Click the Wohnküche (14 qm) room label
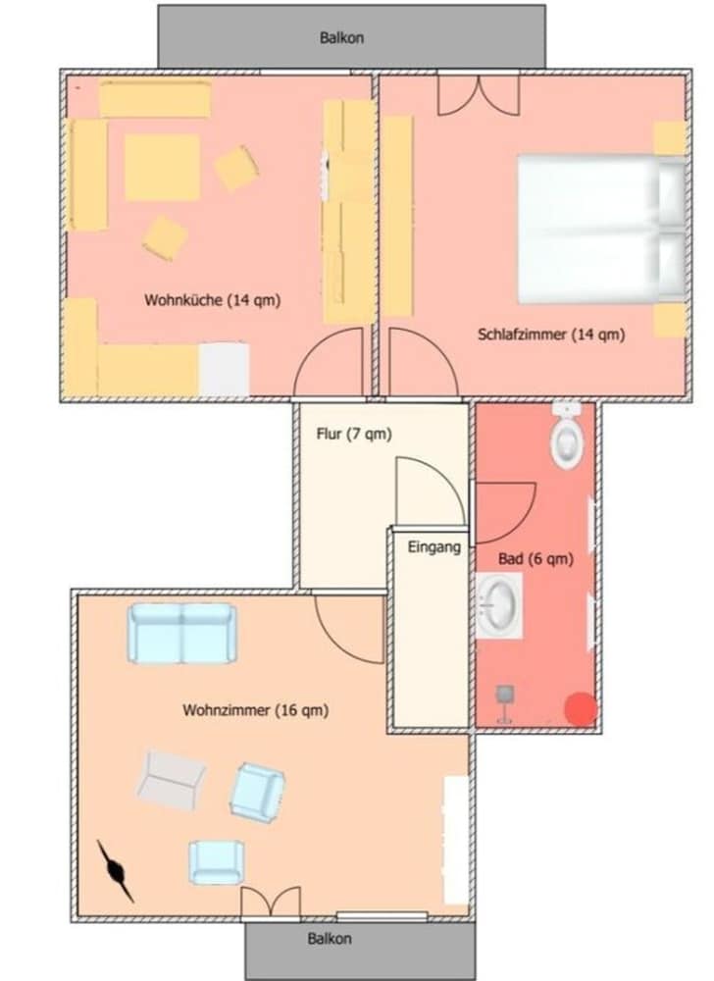tap(213, 300)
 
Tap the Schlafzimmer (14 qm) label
tap(551, 335)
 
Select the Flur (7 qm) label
tap(354, 434)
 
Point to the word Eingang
tap(433, 547)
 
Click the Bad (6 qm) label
tap(535, 559)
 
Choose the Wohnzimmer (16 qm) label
tap(255, 710)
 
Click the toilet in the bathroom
tap(568, 436)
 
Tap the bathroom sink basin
tap(499, 605)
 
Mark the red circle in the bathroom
tap(581, 709)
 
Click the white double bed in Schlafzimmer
tap(601, 230)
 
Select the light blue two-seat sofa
tap(182, 633)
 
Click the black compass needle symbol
tap(116, 870)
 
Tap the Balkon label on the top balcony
tap(341, 37)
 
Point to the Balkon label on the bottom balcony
tap(329, 939)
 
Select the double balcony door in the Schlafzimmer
tap(479, 94)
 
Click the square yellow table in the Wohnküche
tap(162, 167)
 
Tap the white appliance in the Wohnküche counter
tap(224, 369)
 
